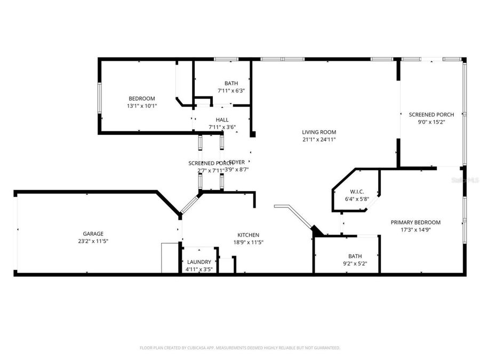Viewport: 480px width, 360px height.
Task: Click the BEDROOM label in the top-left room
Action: pyautogui.click(x=141, y=98)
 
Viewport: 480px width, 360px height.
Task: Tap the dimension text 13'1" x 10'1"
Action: pyautogui.click(x=141, y=106)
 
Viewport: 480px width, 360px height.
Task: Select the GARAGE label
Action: pyautogui.click(x=93, y=234)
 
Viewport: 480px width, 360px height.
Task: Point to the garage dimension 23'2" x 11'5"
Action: pyautogui.click(x=93, y=241)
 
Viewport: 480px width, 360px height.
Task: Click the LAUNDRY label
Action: pyautogui.click(x=199, y=262)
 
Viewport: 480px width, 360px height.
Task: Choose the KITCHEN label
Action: pyautogui.click(x=248, y=235)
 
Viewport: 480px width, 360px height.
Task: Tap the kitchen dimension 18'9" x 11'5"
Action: pyautogui.click(x=248, y=242)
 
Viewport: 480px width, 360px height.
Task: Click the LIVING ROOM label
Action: pyautogui.click(x=319, y=132)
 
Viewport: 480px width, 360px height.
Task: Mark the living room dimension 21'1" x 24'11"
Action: pyautogui.click(x=319, y=140)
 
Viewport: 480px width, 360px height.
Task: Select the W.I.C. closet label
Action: pyautogui.click(x=357, y=191)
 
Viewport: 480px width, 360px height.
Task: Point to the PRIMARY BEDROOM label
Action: pyautogui.click(x=415, y=222)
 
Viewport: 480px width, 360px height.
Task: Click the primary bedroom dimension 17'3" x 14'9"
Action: pyautogui.click(x=415, y=230)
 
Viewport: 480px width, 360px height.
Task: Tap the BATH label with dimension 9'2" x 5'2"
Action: pyautogui.click(x=355, y=256)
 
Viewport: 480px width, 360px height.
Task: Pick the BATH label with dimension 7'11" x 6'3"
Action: pyautogui.click(x=231, y=83)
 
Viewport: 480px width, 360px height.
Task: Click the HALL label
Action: pyautogui.click(x=222, y=119)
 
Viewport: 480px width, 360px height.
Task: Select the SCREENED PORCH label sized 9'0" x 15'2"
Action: pyautogui.click(x=431, y=115)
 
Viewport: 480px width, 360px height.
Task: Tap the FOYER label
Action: pyautogui.click(x=237, y=162)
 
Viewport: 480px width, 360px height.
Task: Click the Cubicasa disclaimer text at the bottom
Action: pyautogui.click(x=240, y=348)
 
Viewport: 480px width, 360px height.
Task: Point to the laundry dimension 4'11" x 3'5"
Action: pyautogui.click(x=199, y=269)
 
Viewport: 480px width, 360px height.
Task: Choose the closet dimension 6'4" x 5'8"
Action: pyautogui.click(x=357, y=199)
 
